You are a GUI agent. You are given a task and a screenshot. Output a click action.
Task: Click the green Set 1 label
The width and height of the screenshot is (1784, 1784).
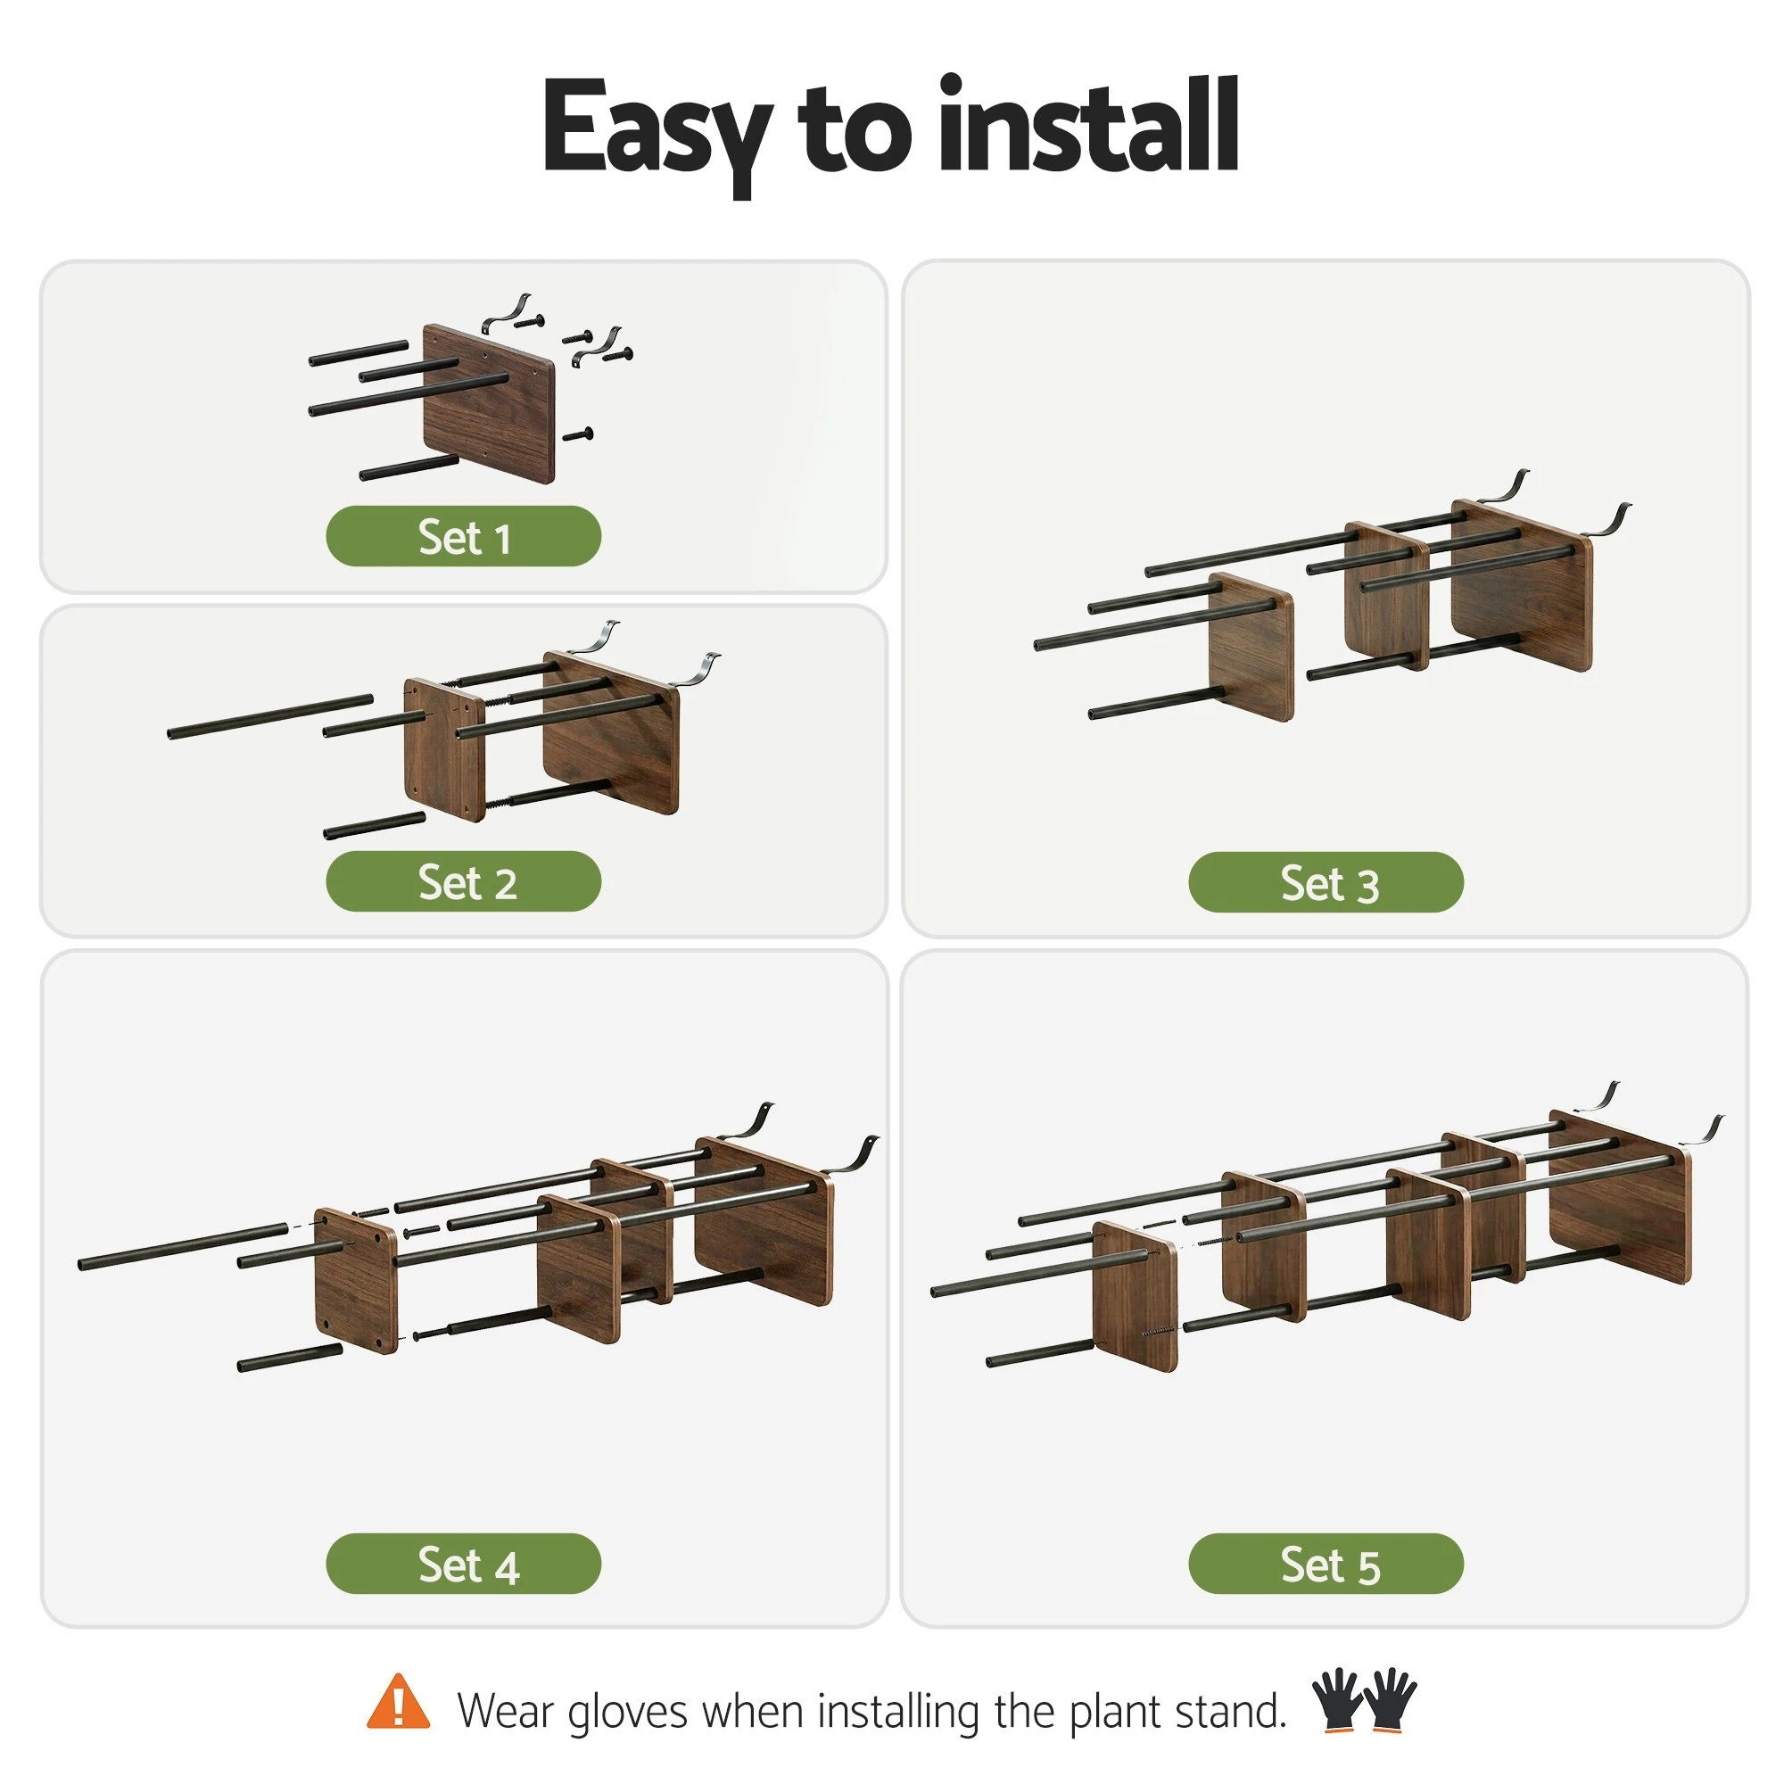(x=464, y=536)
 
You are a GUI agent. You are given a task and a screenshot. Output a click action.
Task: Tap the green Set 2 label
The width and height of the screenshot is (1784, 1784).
(x=464, y=882)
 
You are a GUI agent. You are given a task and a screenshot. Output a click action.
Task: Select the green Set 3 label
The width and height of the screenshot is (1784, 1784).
(x=1326, y=883)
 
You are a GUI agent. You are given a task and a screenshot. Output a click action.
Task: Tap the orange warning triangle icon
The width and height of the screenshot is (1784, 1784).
(x=398, y=1701)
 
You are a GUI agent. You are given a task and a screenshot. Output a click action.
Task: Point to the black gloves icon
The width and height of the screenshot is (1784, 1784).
(x=1364, y=1699)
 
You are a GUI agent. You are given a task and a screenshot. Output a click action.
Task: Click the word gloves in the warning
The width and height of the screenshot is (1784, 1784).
(x=628, y=1711)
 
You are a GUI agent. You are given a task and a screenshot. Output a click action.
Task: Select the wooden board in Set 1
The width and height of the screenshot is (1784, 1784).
(x=489, y=403)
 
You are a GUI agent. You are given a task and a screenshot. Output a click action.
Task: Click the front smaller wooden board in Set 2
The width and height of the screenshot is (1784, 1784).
(x=445, y=750)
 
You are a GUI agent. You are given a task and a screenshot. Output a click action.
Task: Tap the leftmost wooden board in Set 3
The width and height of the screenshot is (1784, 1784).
(x=1251, y=647)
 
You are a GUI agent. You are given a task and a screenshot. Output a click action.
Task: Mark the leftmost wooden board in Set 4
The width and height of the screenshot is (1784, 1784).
(x=357, y=1280)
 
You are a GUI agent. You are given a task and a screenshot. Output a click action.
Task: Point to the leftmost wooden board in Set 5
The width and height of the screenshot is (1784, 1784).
(x=1135, y=1296)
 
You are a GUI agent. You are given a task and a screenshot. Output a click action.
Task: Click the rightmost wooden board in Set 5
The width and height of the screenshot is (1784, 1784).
(x=1621, y=1197)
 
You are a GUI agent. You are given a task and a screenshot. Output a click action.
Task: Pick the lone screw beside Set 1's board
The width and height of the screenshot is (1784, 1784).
(x=577, y=434)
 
